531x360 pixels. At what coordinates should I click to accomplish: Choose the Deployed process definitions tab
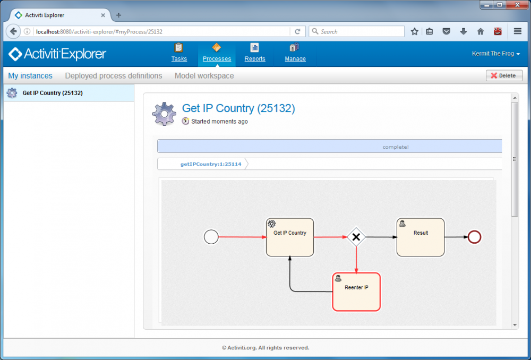coord(114,76)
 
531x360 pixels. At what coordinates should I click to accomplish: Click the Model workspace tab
coord(204,76)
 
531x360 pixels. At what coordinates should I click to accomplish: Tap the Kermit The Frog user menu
coord(496,54)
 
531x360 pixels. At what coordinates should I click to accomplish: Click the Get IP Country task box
coord(290,237)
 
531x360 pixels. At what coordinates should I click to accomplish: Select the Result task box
coord(421,237)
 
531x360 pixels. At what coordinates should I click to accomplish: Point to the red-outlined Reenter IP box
coord(356,292)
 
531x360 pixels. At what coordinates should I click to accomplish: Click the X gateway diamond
coord(356,237)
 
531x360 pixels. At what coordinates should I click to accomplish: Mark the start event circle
coord(211,237)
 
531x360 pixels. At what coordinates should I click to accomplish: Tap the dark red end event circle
coord(474,237)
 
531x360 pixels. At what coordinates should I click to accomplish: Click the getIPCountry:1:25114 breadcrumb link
coord(211,164)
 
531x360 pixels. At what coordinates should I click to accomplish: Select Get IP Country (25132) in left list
coord(53,93)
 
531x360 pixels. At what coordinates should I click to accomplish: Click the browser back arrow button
coord(13,31)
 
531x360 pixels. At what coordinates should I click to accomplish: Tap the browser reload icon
coord(297,31)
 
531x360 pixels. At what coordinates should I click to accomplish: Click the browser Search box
coord(357,31)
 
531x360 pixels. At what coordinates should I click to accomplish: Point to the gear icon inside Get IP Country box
coord(271,224)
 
